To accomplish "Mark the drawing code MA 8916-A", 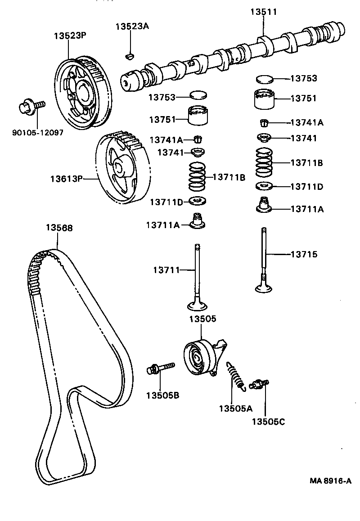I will (330, 481).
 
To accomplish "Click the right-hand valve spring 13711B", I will (265, 163).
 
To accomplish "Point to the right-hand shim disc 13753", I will (264, 79).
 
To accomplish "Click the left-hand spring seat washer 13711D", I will (196, 200).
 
